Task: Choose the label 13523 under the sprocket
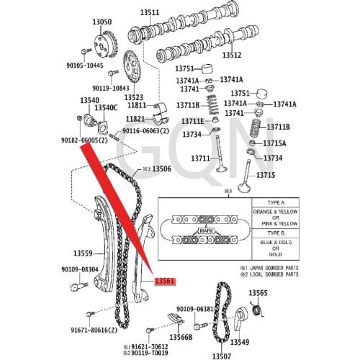(x=133, y=96)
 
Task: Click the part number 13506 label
(x=158, y=168)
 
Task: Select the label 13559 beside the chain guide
(x=83, y=253)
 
